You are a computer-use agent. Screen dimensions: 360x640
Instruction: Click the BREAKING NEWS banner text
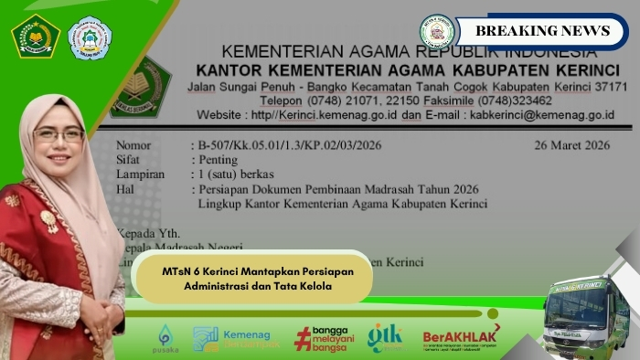(542, 30)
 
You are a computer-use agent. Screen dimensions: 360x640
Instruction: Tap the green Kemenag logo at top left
(35, 37)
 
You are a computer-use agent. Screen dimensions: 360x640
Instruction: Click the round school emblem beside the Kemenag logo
(90, 39)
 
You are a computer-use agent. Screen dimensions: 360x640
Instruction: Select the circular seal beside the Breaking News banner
(437, 31)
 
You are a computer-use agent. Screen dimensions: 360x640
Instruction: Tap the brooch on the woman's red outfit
(48, 220)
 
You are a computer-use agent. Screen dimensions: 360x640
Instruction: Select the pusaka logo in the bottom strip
(165, 338)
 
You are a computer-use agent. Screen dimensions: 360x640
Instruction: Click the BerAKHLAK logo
(461, 337)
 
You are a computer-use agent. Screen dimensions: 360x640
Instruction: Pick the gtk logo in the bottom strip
(385, 337)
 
